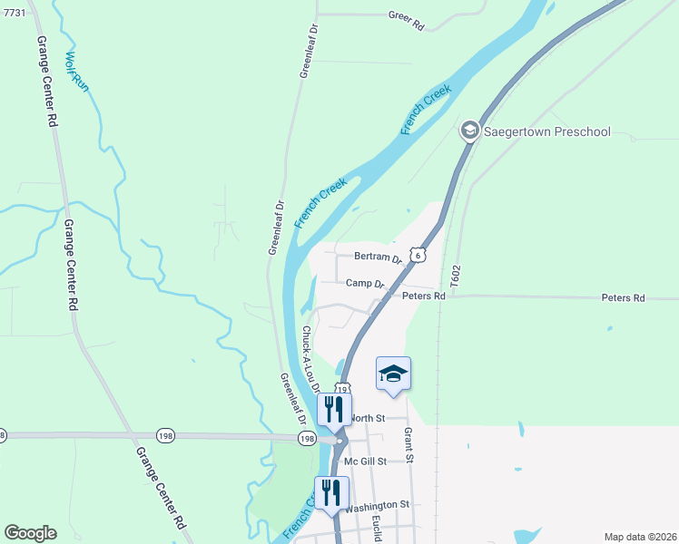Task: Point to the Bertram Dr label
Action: (x=378, y=258)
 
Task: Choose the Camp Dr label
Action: (x=366, y=284)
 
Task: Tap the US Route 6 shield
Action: (x=417, y=255)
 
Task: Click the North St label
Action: (x=368, y=418)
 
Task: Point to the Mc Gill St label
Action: (x=366, y=461)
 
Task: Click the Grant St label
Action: (x=408, y=445)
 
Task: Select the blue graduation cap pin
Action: (x=393, y=374)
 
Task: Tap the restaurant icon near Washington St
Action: (x=331, y=492)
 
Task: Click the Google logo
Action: (x=30, y=533)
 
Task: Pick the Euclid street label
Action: (x=376, y=529)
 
